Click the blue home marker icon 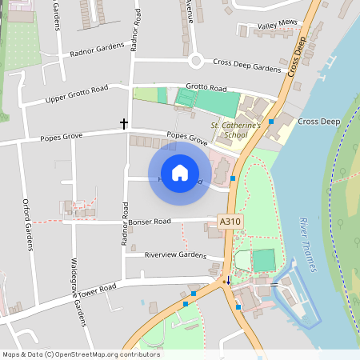click(180, 173)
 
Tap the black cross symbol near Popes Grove click(124, 123)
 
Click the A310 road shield click(230, 221)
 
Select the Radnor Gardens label click(98, 50)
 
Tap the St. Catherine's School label click(236, 130)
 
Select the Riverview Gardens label click(175, 254)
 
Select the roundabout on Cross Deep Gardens click(196, 61)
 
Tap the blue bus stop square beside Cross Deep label click(272, 122)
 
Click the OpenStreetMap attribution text click(81, 354)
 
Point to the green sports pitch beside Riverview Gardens click(263, 260)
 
